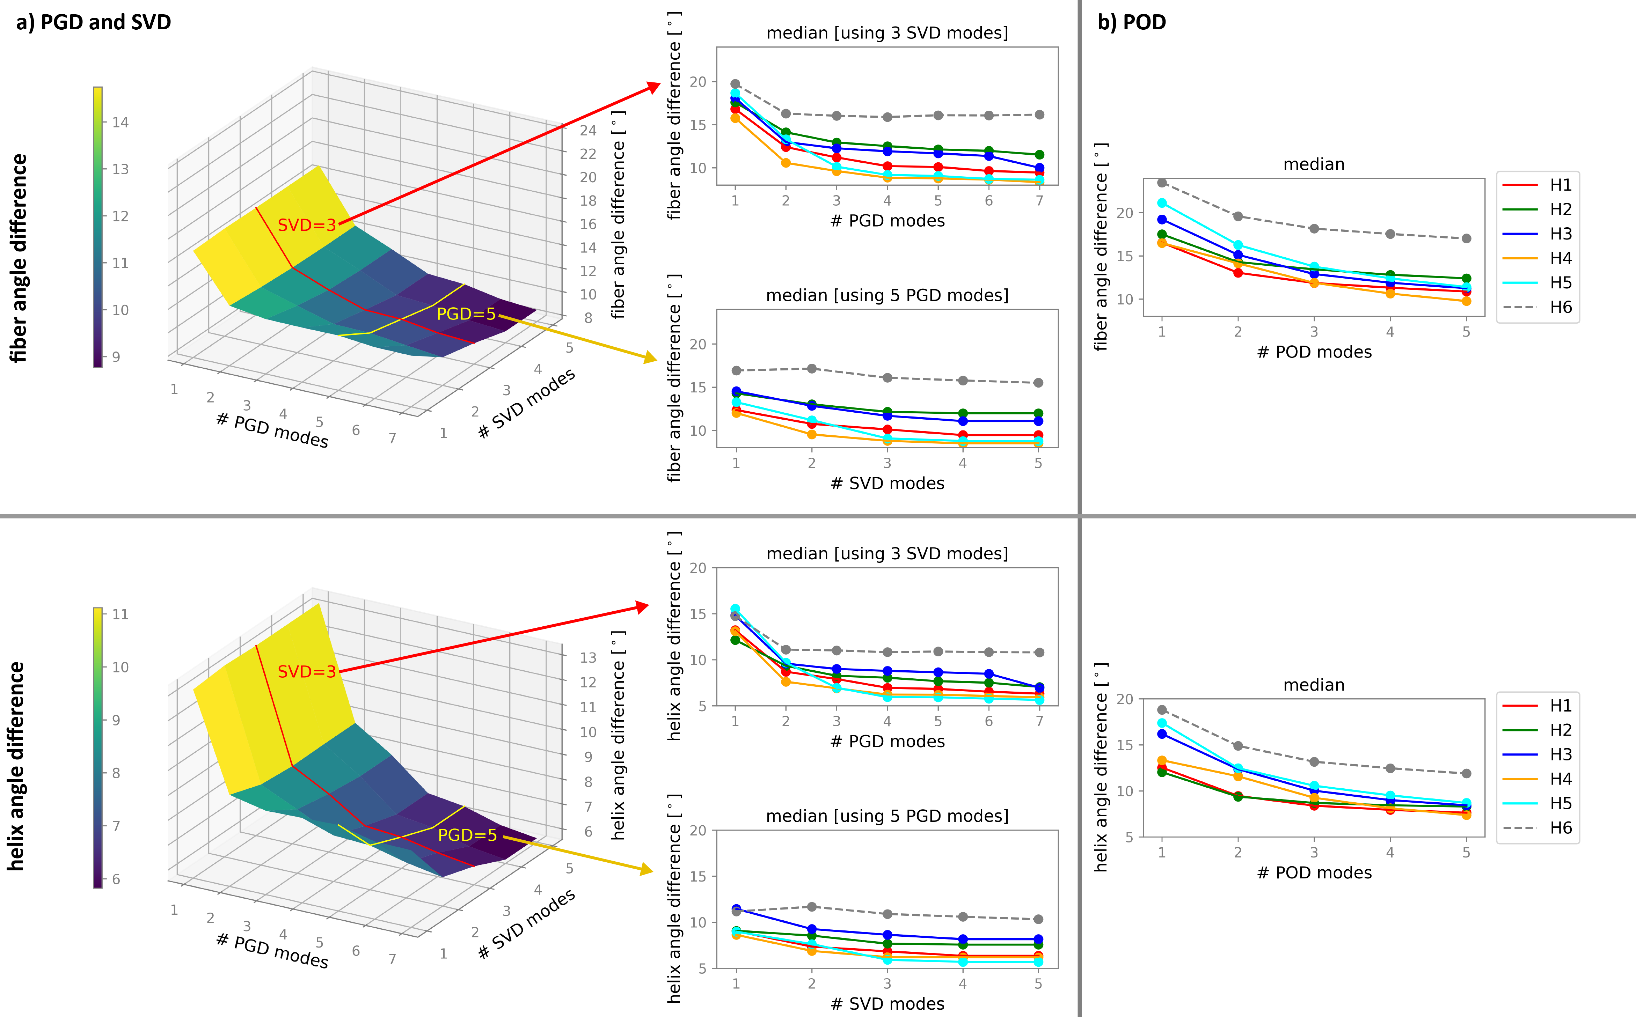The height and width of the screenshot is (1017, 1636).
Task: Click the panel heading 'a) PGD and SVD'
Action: pos(94,22)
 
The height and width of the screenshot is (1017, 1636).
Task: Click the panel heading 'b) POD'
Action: pos(1132,22)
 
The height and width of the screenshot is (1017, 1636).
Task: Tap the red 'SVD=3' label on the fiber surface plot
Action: pos(306,225)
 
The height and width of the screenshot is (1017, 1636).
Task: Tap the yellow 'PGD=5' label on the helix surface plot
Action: pos(467,835)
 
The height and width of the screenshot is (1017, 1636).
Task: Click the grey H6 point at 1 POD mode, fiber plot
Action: pos(1162,182)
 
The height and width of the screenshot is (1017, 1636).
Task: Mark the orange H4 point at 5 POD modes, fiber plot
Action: pos(1467,301)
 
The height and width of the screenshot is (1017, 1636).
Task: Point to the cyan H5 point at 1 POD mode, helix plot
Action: pos(1162,723)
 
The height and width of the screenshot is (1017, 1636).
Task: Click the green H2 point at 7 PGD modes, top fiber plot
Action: pos(1039,155)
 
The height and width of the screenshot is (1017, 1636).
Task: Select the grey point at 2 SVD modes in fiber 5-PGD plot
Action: pos(812,369)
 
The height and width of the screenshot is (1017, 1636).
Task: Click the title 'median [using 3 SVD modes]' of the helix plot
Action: pos(887,554)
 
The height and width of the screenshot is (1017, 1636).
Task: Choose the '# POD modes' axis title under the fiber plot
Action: pos(1314,352)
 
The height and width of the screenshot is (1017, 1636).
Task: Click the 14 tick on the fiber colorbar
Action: pos(120,123)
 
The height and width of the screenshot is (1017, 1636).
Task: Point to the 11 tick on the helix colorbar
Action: pos(120,614)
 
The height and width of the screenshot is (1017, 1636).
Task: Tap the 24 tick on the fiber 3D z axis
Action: pos(588,131)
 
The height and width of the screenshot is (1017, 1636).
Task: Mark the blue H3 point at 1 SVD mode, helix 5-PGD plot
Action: pos(736,909)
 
